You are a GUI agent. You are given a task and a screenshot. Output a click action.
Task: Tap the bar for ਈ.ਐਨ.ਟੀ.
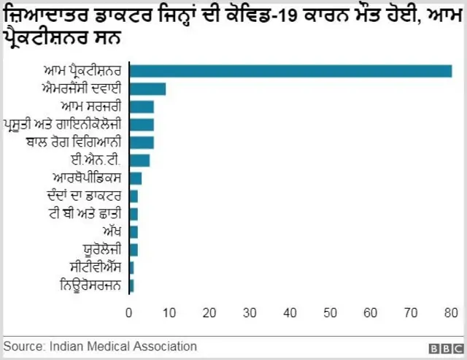pos(139,160)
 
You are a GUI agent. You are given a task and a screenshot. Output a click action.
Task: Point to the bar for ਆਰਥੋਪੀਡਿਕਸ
pos(135,178)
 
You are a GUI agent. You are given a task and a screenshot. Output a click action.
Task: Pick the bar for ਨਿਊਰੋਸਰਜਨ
pos(131,285)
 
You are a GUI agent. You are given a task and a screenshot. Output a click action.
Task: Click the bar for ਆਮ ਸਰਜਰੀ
pos(142,107)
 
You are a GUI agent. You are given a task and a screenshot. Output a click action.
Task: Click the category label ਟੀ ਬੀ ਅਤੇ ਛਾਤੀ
pos(87,213)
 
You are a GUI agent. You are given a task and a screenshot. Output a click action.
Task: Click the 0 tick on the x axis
pos(129,314)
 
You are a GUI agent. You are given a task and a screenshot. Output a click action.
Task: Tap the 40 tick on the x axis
pos(290,314)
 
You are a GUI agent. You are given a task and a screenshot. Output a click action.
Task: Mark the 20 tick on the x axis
pos(210,314)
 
